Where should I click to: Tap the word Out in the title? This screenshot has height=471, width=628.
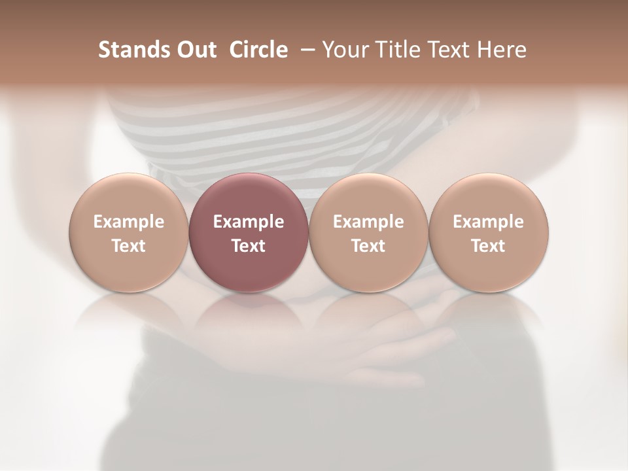[x=195, y=50]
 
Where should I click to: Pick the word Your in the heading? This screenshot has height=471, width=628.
[x=345, y=50]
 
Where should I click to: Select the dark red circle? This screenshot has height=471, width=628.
[x=249, y=233]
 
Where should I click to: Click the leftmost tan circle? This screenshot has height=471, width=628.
[x=129, y=233]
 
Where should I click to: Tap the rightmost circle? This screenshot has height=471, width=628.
[x=489, y=233]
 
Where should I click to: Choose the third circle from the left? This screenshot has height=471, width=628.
[x=368, y=233]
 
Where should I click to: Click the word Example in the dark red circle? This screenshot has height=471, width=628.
[x=249, y=222]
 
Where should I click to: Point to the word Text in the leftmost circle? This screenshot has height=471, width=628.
[x=129, y=246]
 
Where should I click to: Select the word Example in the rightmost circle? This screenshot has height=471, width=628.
[x=489, y=222]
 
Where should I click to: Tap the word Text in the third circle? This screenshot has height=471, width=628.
[x=368, y=246]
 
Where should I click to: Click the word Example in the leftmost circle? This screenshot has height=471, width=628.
[x=129, y=222]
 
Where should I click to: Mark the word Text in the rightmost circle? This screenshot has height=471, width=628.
[x=489, y=246]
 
